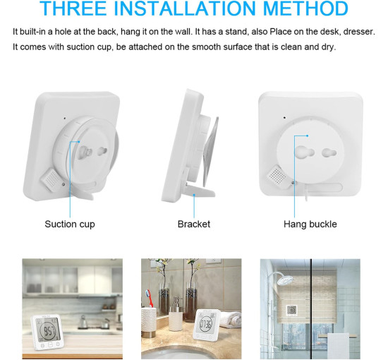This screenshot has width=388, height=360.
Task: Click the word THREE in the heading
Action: [73, 8]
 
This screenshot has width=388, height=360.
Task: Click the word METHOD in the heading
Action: [305, 8]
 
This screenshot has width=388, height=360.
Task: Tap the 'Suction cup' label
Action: [70, 224]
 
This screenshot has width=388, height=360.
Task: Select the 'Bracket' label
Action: [194, 224]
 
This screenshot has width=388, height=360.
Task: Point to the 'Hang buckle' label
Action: [310, 224]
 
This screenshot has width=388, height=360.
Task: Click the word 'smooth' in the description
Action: [207, 47]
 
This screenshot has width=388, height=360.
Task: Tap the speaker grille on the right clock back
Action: [279, 176]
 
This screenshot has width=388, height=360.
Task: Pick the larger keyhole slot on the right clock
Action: [304, 151]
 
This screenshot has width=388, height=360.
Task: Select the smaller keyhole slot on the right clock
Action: [329, 152]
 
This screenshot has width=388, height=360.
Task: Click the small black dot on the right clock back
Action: [284, 117]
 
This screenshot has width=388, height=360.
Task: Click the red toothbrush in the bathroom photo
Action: [149, 298]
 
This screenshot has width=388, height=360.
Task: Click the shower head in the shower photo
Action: [285, 279]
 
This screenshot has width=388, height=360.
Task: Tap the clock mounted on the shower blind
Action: [291, 311]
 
